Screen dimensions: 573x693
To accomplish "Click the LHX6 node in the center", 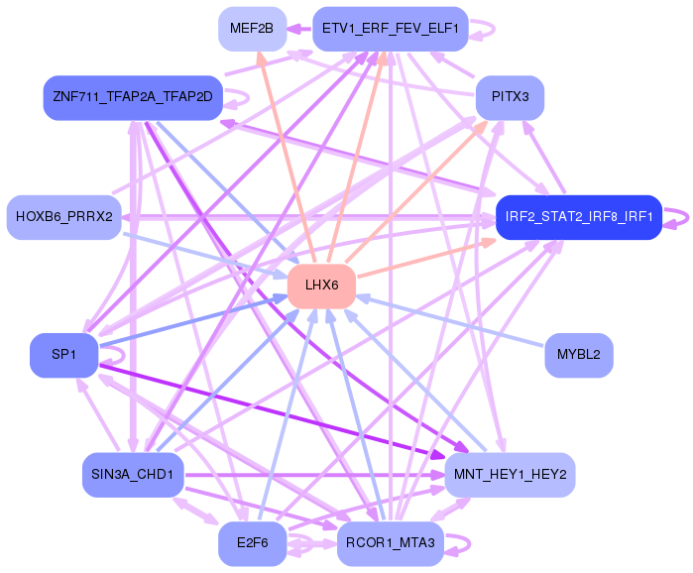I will tap(321, 286).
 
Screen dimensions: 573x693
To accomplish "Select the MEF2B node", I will tap(252, 28).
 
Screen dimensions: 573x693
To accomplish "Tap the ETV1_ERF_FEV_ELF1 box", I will tap(390, 28).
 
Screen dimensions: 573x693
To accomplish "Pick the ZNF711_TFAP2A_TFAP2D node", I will tap(133, 97).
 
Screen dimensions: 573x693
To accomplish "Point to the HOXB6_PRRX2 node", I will tap(63, 216).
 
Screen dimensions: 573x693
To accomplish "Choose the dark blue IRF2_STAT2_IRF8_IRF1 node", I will tap(578, 216).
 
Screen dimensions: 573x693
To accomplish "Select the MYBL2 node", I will tap(579, 355).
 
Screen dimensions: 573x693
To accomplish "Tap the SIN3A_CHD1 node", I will tap(132, 475).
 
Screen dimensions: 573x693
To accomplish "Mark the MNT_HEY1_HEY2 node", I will tap(510, 475).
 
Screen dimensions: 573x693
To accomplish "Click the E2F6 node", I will tap(252, 543).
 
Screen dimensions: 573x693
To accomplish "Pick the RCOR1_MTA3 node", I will tap(390, 543).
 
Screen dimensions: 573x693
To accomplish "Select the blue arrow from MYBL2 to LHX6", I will tap(451, 321).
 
